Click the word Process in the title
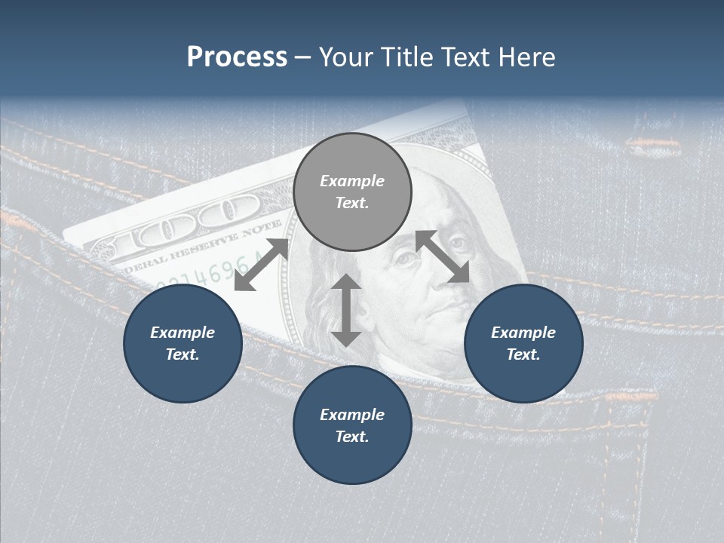(237, 57)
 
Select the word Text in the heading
(465, 57)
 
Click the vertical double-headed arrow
(346, 310)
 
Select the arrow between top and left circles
(262, 264)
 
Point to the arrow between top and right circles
(442, 256)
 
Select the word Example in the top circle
(352, 181)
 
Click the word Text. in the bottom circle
(352, 437)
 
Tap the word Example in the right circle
(523, 333)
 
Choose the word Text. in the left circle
(183, 354)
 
